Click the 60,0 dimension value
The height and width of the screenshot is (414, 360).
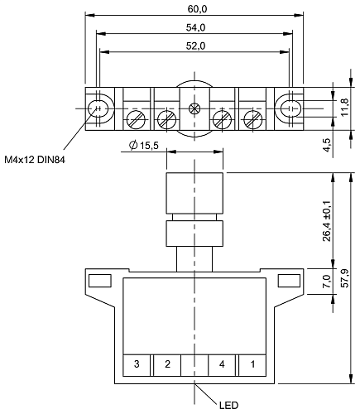pos(197,9)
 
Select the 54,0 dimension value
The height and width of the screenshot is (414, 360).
pos(195,27)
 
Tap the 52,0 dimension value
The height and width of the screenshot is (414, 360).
pos(195,46)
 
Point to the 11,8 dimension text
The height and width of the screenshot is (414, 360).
pos(345,107)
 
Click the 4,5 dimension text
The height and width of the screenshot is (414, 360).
pos(327,145)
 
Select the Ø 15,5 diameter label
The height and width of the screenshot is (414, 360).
pos(144,145)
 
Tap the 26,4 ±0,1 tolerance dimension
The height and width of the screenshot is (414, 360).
pos(327,221)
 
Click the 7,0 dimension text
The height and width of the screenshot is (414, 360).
pos(327,281)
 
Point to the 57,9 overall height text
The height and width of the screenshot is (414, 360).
pos(345,278)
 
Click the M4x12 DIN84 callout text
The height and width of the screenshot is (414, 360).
pos(35,160)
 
